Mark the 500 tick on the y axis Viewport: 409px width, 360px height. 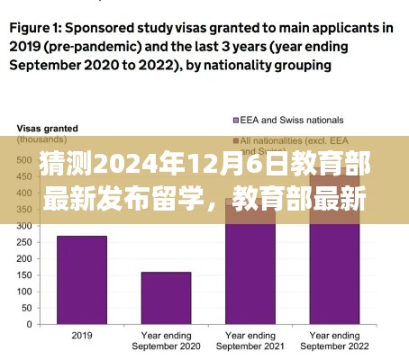pyautogui.click(x=32, y=158)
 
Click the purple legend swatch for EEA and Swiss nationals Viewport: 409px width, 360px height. pyautogui.click(x=236, y=120)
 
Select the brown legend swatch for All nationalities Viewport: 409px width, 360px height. pyautogui.click(x=236, y=141)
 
